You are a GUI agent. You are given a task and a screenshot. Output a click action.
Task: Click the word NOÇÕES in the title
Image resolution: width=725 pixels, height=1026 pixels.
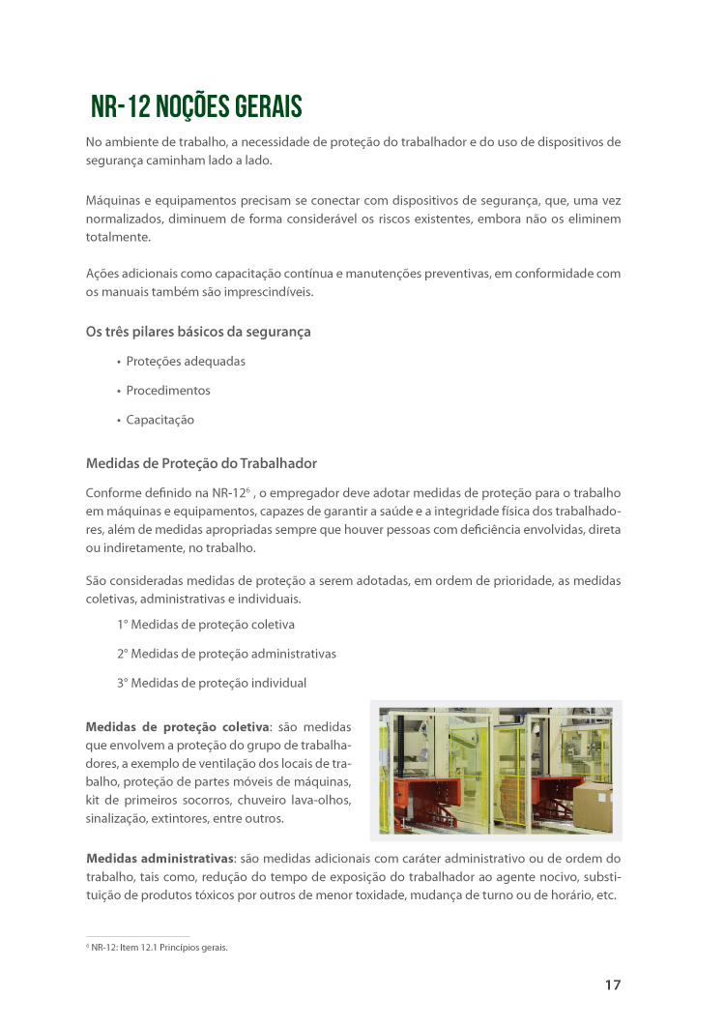click(x=191, y=105)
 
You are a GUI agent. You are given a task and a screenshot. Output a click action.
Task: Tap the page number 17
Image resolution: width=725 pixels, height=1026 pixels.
click(x=612, y=984)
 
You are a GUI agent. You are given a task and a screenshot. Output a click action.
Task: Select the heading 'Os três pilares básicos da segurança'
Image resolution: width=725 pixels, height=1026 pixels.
click(x=198, y=332)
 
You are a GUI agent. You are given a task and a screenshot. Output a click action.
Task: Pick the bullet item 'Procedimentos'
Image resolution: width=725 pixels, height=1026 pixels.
click(x=168, y=391)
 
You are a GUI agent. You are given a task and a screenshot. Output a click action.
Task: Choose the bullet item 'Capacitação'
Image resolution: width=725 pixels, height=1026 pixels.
click(x=159, y=420)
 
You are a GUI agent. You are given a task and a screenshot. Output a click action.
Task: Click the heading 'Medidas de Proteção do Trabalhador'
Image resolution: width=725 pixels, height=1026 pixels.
click(x=201, y=463)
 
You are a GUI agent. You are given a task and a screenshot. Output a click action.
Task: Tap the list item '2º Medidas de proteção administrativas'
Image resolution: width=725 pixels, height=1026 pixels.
click(x=226, y=654)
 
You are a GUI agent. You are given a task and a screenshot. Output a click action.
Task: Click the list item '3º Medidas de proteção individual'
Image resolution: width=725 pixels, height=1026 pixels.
click(x=212, y=683)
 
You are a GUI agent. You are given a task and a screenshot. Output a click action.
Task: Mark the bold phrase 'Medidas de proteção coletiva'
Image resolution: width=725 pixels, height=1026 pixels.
click(x=177, y=726)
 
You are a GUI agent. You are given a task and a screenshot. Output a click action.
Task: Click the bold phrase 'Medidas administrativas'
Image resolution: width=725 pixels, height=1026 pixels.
click(x=159, y=859)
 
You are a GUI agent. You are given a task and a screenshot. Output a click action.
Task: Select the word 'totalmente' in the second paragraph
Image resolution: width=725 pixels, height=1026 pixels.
click(x=118, y=236)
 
